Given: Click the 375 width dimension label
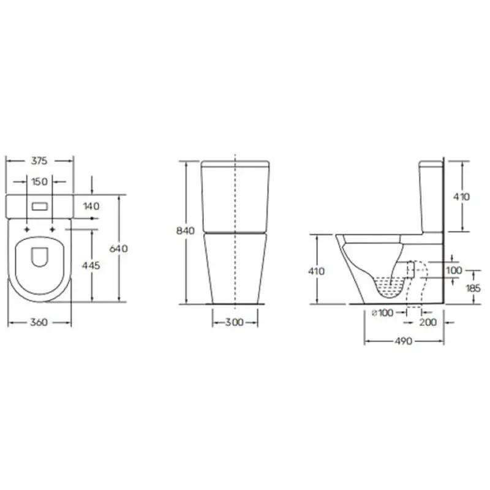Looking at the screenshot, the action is coord(39,161).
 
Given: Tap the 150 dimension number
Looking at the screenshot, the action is coord(40,181).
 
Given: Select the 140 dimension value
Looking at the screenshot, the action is coord(91,206).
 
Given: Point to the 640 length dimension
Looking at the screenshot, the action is coord(119,249).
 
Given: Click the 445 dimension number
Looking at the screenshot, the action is coord(91,265).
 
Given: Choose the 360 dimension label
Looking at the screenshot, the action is coord(39,322).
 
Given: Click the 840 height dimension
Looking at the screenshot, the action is coord(186,231).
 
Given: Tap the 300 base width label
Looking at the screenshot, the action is coord(235,322).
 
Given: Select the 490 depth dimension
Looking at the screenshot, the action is coord(404,341).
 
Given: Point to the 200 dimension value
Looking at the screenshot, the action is coord(428,322).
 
